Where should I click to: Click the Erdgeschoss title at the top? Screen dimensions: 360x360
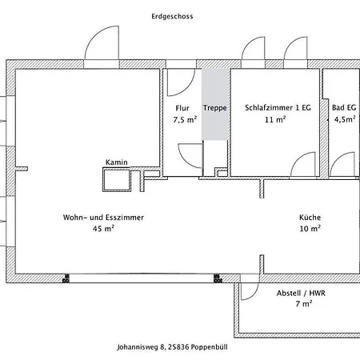[172, 17]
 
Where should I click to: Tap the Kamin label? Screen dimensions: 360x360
[117, 162]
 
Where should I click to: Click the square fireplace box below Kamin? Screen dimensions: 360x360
[117, 179]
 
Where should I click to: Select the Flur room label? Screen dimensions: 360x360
[182, 108]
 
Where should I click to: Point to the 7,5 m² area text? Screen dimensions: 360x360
[185, 119]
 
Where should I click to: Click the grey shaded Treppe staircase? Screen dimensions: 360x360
[215, 105]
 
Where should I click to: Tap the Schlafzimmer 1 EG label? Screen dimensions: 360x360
[278, 108]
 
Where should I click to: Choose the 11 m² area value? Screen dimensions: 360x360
[275, 119]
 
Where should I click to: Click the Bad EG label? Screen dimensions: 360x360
[344, 108]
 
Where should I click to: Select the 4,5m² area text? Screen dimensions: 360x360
[345, 119]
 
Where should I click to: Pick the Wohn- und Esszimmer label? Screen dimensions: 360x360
[103, 218]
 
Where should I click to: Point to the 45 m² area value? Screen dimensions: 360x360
[103, 229]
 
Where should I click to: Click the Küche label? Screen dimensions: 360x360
[310, 217]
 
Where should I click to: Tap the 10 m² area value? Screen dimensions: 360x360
[310, 229]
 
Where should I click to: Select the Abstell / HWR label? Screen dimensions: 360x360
[301, 293]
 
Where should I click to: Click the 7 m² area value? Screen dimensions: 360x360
[304, 304]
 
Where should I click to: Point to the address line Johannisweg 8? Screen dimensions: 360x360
[172, 347]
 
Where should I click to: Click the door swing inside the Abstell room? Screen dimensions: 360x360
[254, 294]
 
